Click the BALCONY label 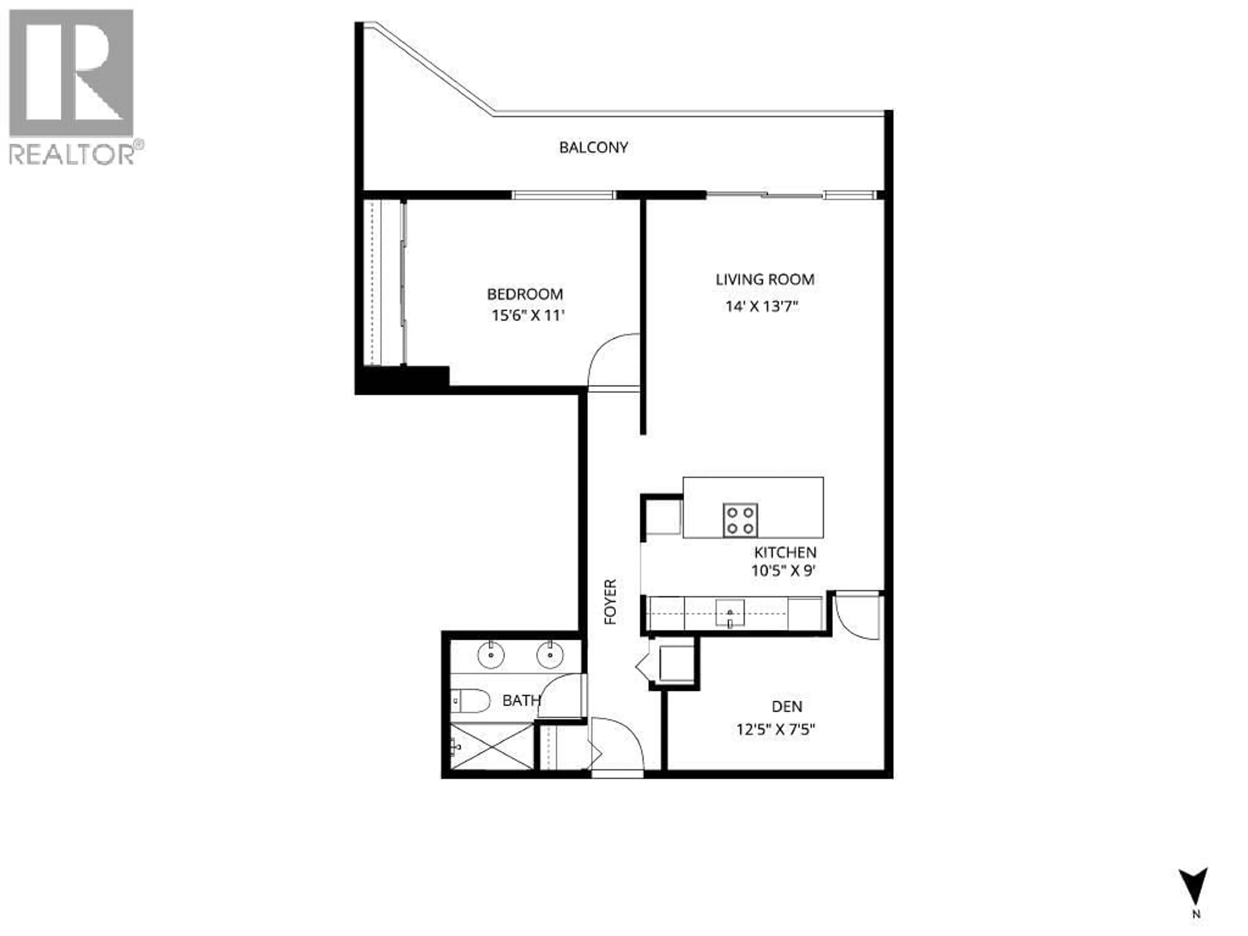pos(593,148)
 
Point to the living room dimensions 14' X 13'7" pos(762,307)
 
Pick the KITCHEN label pos(785,552)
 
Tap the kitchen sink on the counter pos(730,613)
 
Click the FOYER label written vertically pos(610,602)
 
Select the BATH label pos(521,701)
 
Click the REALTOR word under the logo pos(71,153)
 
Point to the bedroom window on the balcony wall pos(563,195)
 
